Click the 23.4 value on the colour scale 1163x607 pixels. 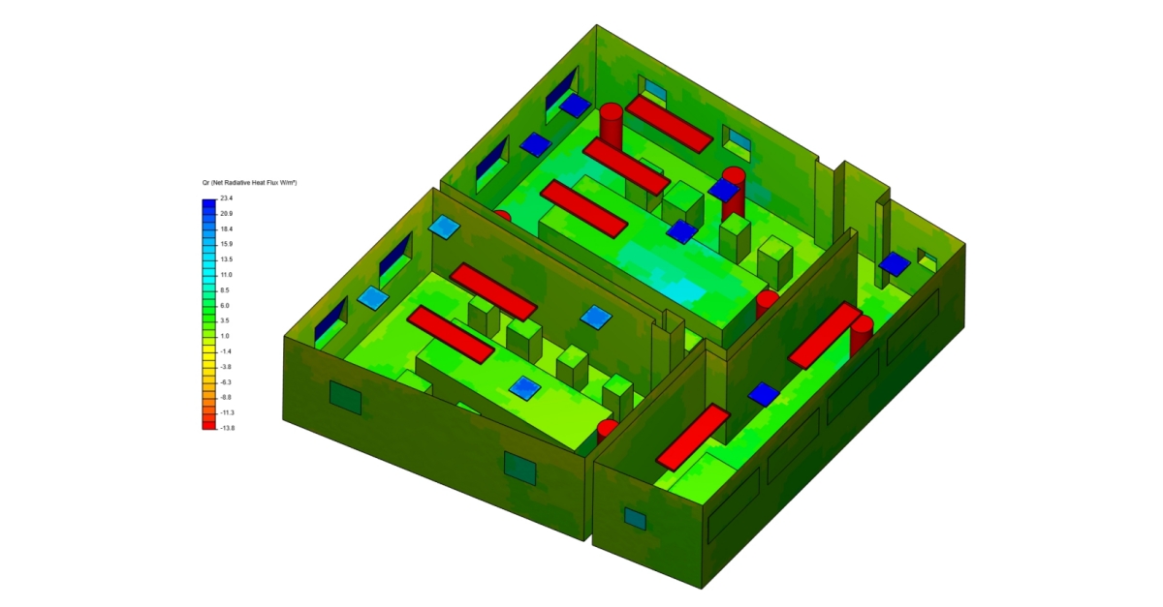click(x=226, y=198)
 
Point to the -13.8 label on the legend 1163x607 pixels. click(x=227, y=427)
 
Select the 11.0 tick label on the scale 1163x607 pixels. click(x=226, y=275)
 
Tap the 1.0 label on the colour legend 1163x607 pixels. click(x=225, y=336)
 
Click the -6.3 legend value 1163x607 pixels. click(x=226, y=381)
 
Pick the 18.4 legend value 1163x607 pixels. click(x=226, y=228)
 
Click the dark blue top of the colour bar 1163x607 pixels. click(x=209, y=204)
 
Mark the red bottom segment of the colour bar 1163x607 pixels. click(x=209, y=423)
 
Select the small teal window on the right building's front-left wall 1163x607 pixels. click(x=635, y=519)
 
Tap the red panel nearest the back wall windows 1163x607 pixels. click(x=669, y=123)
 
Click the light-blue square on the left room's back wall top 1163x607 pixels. click(x=444, y=227)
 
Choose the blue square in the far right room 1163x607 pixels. click(x=895, y=263)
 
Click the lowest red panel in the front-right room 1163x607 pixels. click(x=692, y=437)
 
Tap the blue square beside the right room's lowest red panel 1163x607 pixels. click(x=764, y=394)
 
